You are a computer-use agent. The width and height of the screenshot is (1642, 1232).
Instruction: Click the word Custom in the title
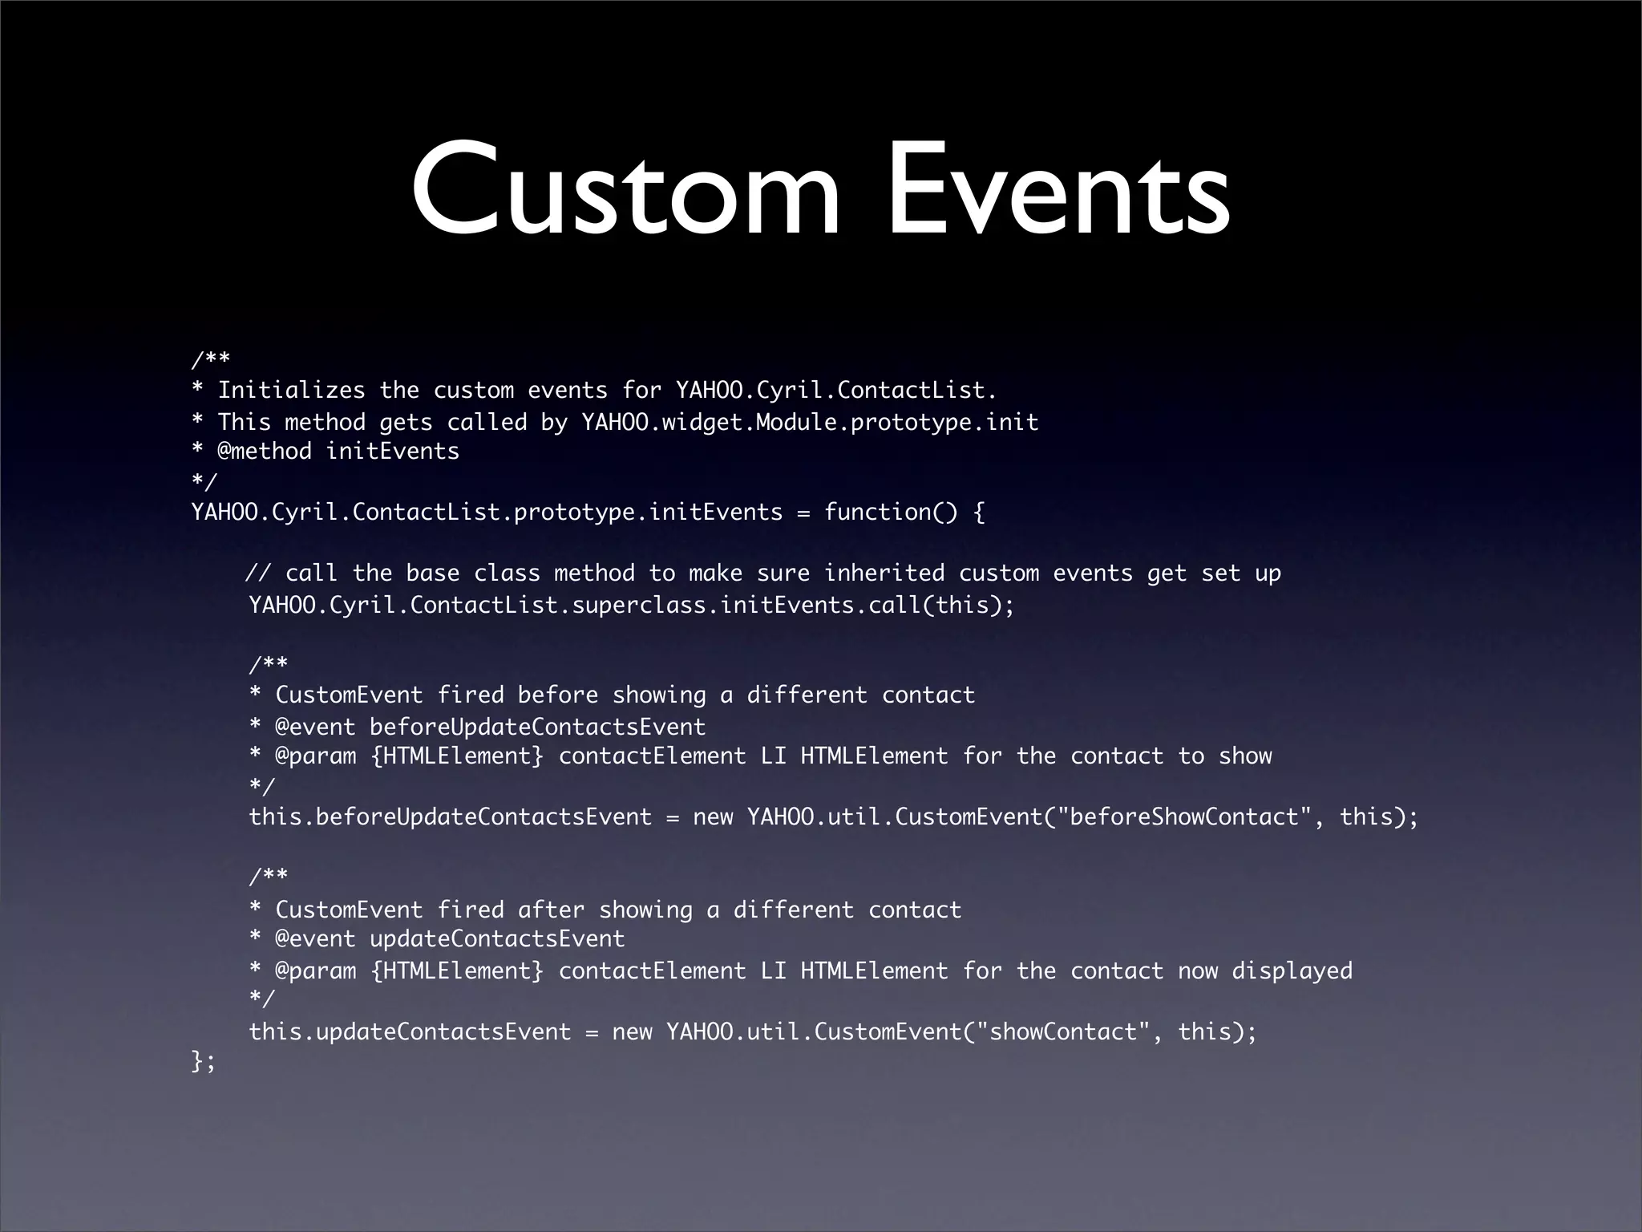626,190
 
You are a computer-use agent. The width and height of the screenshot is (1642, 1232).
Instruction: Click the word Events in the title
1058,190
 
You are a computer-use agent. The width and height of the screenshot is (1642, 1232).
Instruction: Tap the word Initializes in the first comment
291,391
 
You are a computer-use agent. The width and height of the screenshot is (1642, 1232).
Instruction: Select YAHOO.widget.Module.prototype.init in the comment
810,422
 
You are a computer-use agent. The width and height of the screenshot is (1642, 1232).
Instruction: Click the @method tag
265,452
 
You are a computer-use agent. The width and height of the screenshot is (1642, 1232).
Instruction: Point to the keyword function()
891,512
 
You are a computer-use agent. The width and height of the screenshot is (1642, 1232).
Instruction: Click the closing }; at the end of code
204,1062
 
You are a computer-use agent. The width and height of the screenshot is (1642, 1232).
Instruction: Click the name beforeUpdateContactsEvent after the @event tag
537,727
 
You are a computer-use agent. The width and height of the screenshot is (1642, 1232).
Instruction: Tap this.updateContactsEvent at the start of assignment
410,1031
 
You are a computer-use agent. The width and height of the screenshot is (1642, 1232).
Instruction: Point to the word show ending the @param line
1245,756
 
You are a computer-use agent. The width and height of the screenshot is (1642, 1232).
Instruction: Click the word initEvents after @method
392,452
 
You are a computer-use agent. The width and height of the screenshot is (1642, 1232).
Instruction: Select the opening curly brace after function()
978,512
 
